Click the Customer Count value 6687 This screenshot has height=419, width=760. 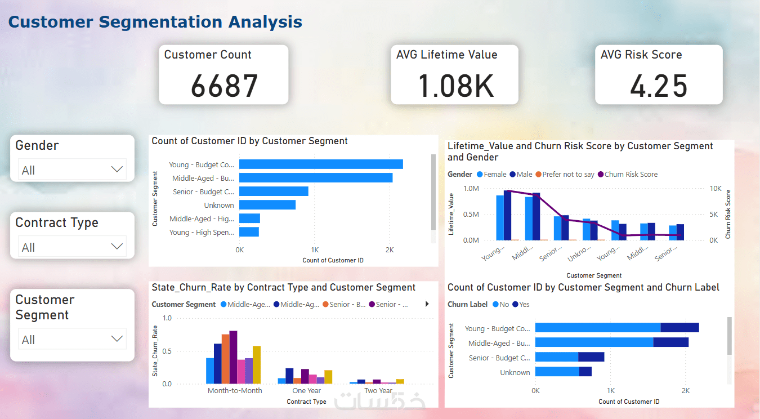point(224,86)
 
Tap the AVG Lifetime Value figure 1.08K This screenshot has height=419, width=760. point(455,86)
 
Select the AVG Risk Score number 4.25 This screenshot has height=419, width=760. point(659,86)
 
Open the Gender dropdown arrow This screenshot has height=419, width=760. point(117,170)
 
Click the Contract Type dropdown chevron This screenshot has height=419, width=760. point(117,247)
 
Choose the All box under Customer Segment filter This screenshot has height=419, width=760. point(72,339)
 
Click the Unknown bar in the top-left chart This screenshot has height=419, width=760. point(267,205)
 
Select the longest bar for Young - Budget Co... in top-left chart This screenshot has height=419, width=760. point(321,164)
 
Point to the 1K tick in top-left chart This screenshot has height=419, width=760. point(315,249)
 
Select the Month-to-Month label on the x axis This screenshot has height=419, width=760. point(235,391)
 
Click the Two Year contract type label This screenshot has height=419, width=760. point(378,391)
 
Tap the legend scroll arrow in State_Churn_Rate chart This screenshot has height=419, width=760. point(427,304)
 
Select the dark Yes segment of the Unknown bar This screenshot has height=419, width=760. point(585,372)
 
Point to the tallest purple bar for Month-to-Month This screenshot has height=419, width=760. point(233,357)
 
